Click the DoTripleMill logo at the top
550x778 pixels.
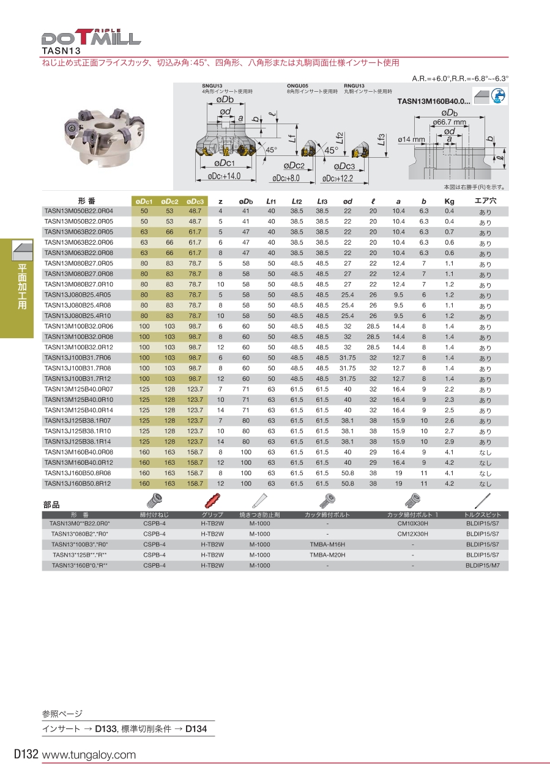tap(92, 37)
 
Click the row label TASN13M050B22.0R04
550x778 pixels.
tap(79, 211)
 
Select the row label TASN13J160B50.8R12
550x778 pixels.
tap(78, 483)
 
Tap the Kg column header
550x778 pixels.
tap(449, 201)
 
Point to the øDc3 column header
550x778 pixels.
tap(195, 201)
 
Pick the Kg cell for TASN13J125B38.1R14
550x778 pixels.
tap(449, 442)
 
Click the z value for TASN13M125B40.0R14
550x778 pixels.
tap(220, 410)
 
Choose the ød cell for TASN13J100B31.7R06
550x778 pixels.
tap(347, 358)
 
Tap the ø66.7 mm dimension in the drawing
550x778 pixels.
tap(450, 122)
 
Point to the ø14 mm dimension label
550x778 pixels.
tap(411, 139)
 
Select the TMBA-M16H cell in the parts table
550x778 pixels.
tap(327, 544)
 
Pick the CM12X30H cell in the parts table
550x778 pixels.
tap(413, 534)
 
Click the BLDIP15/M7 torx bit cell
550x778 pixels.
tap(483, 565)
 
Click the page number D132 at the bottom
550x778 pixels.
tap(26, 755)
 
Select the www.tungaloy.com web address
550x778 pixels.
tap(89, 755)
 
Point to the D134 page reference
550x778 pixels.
tap(196, 729)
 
